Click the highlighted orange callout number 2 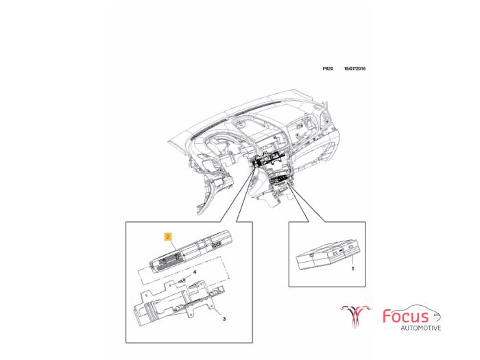click(x=167, y=235)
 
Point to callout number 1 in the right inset click(x=352, y=269)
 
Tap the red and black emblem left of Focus click(x=356, y=316)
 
